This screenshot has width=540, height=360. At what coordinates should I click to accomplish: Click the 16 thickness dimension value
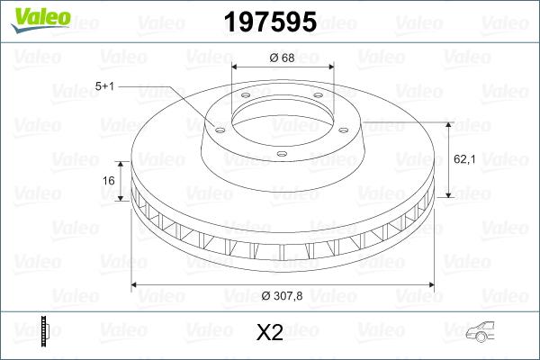point(109,180)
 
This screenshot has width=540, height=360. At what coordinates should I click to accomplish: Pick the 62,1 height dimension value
point(463,158)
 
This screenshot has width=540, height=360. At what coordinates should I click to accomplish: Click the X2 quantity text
point(269,333)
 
